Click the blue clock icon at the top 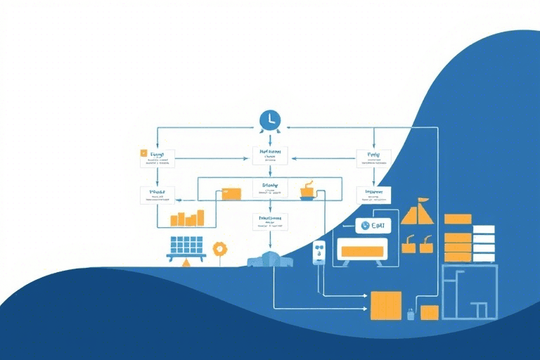(269, 120)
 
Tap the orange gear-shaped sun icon (220, 248)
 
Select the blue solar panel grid (186, 245)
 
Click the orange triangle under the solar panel (186, 263)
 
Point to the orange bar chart (187, 218)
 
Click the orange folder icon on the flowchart (231, 193)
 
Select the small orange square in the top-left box (143, 153)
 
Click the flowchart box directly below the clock (270, 155)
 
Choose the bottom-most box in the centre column (270, 222)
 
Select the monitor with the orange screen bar (362, 251)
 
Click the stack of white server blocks (484, 243)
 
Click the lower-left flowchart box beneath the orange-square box (157, 194)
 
